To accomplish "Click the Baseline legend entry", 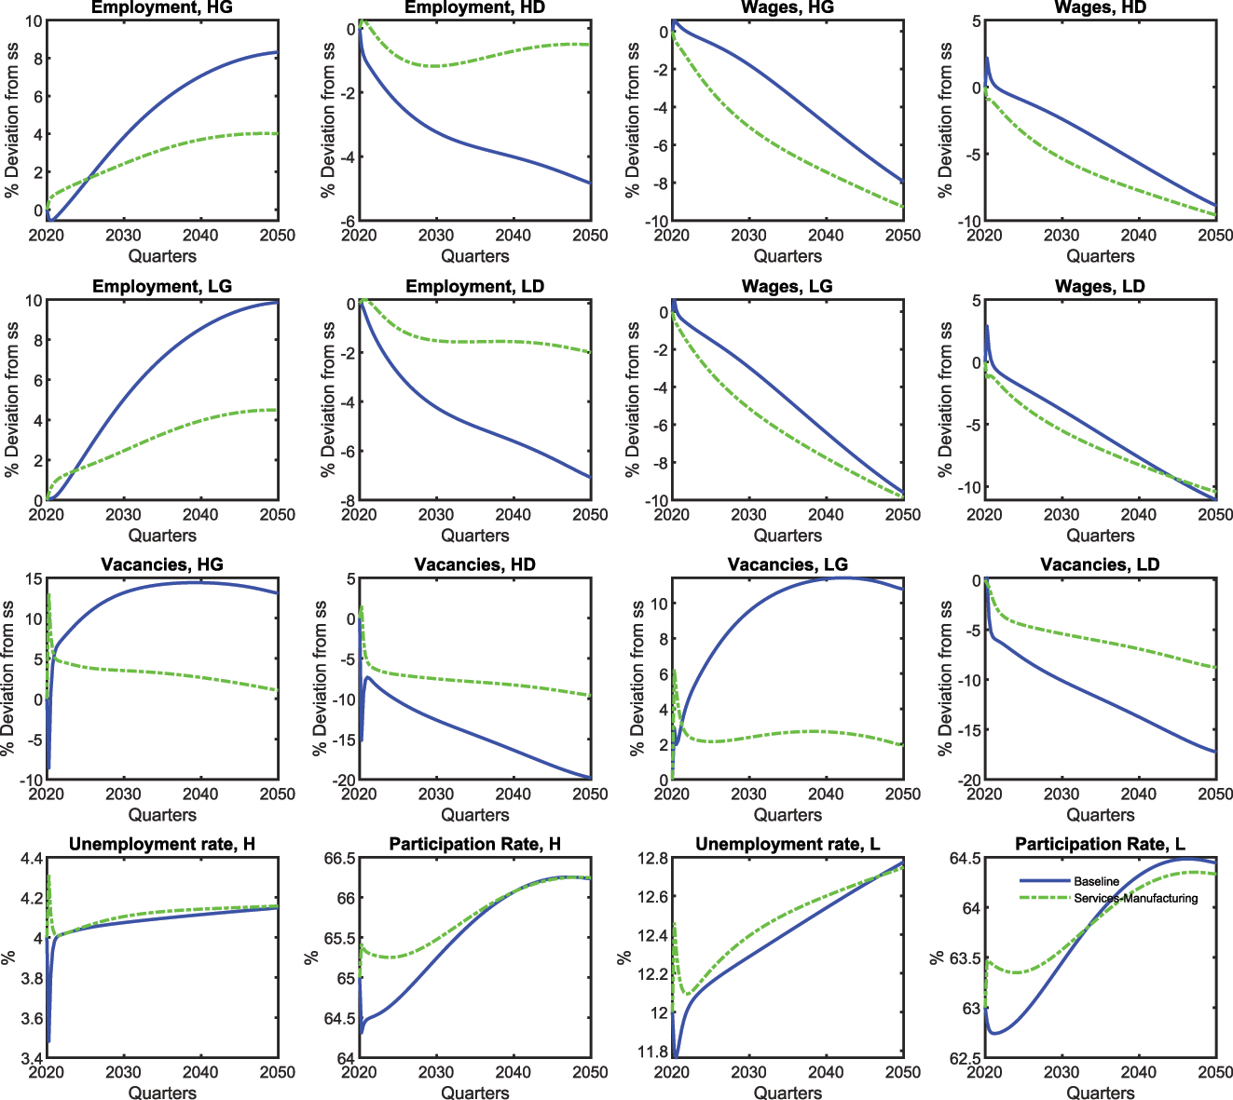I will coord(1096,881).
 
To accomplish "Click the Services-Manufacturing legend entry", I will coord(1135,899).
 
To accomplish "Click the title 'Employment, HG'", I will coord(162,7).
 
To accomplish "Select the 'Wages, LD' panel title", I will coord(1100,286).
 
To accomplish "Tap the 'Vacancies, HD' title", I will coord(474,564).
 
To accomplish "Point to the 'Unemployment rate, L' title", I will coord(788,844).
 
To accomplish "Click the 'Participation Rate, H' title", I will coord(474,844).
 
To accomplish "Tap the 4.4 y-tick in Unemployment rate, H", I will coord(31,859).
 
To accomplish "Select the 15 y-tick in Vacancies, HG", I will coord(34,579).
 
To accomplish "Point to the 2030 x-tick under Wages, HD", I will coord(1062,236).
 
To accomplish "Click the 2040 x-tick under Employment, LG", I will coord(200,515).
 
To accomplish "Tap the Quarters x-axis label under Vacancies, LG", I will coord(788,815).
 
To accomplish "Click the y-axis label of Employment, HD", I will coord(328,120).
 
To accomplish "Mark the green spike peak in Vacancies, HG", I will coord(48,594).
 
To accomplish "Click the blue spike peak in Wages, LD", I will coord(987,326).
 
